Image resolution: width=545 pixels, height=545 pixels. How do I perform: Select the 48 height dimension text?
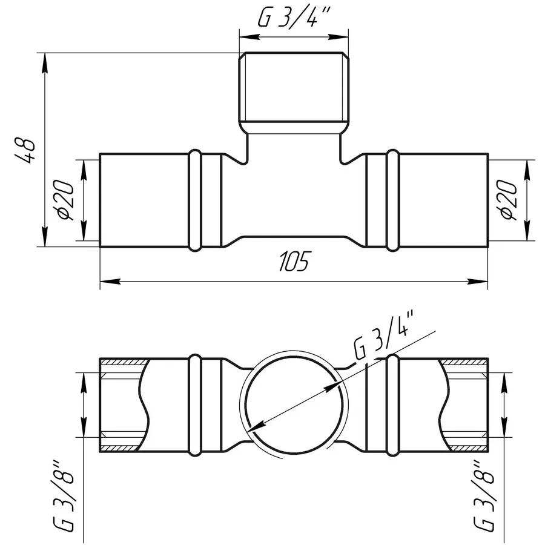(x=25, y=150)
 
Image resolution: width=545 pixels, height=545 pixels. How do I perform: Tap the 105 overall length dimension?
(x=294, y=261)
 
